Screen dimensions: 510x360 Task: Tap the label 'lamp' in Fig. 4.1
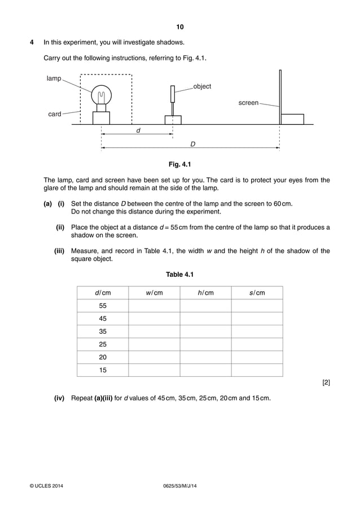click(x=54, y=79)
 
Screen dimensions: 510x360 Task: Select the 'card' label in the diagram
click(x=55, y=114)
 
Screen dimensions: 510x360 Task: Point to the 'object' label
click(x=202, y=86)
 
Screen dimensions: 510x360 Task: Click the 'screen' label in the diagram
click(x=248, y=103)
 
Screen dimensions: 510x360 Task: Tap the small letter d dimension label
click(x=138, y=130)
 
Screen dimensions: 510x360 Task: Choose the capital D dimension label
click(x=192, y=145)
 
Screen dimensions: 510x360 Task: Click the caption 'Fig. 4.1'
click(x=180, y=165)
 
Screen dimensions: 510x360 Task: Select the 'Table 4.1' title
click(x=180, y=275)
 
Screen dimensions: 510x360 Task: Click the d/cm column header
click(x=103, y=293)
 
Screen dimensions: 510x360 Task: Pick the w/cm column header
click(x=154, y=293)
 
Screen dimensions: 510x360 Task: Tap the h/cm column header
click(x=205, y=293)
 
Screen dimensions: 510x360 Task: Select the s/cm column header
click(x=257, y=293)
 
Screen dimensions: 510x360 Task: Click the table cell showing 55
click(x=103, y=306)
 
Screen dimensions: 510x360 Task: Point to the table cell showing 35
click(x=103, y=332)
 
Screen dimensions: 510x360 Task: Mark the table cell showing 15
click(x=103, y=370)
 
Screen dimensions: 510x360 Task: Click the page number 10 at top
click(x=180, y=27)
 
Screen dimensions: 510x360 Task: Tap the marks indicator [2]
click(x=326, y=383)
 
